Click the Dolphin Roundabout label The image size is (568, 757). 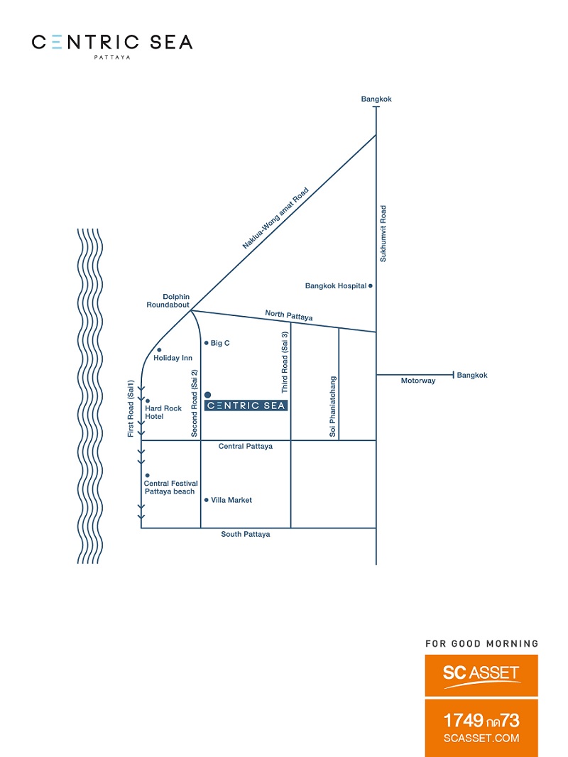click(168, 301)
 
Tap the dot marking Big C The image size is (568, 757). click(207, 343)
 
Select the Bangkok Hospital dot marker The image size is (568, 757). click(371, 285)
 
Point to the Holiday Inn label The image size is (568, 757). click(173, 358)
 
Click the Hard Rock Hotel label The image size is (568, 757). click(163, 413)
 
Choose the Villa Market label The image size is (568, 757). click(231, 500)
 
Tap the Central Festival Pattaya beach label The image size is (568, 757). click(170, 487)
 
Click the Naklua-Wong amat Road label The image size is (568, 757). click(275, 218)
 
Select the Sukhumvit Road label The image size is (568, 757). click(383, 234)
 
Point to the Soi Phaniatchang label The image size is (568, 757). click(332, 406)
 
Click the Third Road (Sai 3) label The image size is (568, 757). click(285, 362)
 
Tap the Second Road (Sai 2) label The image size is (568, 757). click(195, 403)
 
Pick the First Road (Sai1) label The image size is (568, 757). click(131, 409)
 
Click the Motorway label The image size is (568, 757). click(418, 381)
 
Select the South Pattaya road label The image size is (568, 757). click(245, 534)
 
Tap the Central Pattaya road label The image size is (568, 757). click(245, 446)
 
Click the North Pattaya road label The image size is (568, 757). click(288, 315)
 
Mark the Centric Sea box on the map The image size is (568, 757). click(246, 405)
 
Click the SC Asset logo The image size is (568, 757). click(481, 675)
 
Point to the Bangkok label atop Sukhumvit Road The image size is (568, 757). click(376, 99)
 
